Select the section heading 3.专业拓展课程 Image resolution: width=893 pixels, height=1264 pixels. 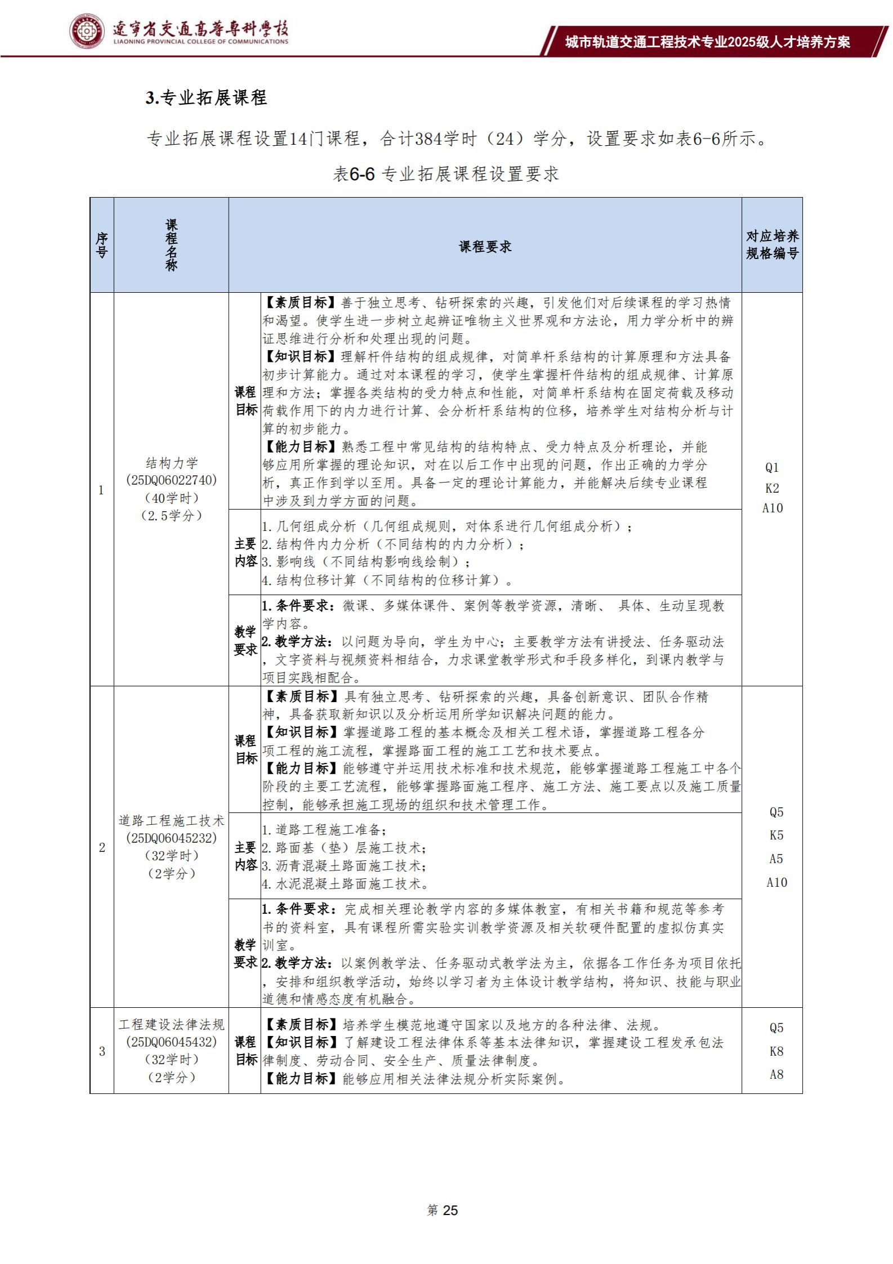click(x=206, y=98)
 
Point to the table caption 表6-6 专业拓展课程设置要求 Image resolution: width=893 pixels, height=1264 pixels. click(x=446, y=174)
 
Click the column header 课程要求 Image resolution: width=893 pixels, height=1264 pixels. click(x=485, y=246)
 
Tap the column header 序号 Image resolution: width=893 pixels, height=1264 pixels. click(x=102, y=245)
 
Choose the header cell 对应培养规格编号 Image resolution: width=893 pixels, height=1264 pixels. click(x=772, y=245)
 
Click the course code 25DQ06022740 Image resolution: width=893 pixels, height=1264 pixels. click(x=172, y=480)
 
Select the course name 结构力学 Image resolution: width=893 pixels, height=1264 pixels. click(x=172, y=463)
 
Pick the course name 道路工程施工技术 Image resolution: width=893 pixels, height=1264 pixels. click(x=172, y=820)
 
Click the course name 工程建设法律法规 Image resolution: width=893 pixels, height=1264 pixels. click(x=172, y=1024)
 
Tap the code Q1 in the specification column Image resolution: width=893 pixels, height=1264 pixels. click(x=772, y=467)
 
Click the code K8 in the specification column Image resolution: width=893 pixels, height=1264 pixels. click(x=776, y=1051)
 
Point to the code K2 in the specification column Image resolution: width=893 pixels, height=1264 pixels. click(x=772, y=488)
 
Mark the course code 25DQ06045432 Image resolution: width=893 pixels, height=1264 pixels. click(x=172, y=1042)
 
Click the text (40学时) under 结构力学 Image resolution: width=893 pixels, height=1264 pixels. click(x=172, y=498)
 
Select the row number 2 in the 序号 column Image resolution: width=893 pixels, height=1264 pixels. click(x=102, y=847)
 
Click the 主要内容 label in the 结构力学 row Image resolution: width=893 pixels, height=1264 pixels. click(x=245, y=552)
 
